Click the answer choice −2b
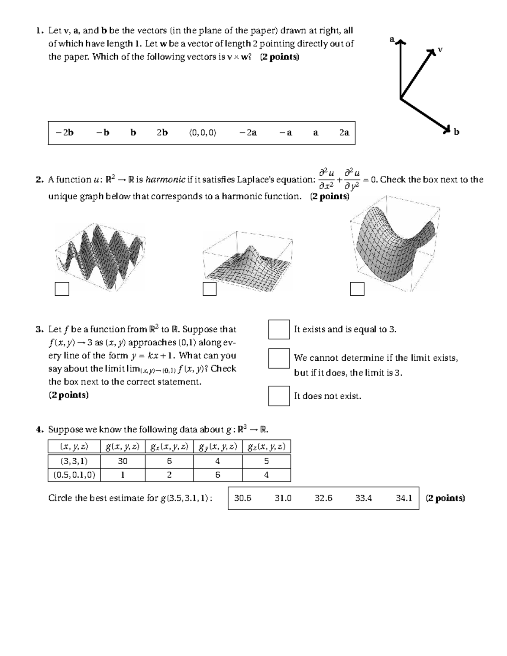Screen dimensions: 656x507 pos(64,133)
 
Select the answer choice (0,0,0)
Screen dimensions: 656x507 pos(202,133)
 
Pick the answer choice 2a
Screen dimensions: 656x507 pos(344,133)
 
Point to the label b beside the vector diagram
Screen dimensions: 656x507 pos(456,132)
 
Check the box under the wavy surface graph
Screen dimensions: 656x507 pos(62,289)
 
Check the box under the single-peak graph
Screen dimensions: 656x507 pos(210,289)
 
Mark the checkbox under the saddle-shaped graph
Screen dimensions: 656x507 pos(357,289)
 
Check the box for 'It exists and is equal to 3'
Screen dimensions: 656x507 pos(279,329)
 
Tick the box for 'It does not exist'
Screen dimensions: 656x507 pos(279,396)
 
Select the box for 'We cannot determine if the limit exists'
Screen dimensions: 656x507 pos(279,359)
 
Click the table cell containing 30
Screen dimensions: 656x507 pos(123,461)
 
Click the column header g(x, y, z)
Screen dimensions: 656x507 pos(123,447)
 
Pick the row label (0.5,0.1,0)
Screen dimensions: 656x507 pos(74,475)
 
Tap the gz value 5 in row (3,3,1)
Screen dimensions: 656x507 pos(266,461)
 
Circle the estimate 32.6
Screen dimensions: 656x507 pos(323,498)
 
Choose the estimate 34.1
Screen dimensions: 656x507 pos(403,498)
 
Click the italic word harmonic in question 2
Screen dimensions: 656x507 pos(165,180)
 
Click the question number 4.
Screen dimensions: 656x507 pos(39,430)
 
